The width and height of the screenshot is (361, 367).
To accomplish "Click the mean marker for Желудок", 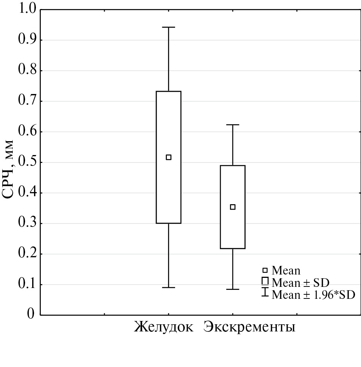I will click(169, 157).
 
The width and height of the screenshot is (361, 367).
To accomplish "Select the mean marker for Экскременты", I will click(233, 207).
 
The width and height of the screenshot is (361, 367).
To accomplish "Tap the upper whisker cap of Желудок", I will click(169, 27).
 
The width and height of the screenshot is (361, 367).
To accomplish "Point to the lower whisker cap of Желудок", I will click(169, 287).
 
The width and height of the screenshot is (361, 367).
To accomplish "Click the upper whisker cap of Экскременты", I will click(233, 125).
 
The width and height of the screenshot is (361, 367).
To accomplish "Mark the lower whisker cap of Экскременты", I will click(233, 289).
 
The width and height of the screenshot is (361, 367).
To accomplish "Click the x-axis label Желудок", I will click(164, 327).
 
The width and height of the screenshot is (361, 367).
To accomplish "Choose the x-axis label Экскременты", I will click(250, 327).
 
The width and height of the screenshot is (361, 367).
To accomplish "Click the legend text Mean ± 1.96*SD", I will click(313, 294).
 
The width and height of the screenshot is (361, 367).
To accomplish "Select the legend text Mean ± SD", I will click(300, 282).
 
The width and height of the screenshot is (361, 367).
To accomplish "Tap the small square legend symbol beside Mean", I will click(265, 270).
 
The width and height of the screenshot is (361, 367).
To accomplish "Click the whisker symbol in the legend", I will click(265, 292).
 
